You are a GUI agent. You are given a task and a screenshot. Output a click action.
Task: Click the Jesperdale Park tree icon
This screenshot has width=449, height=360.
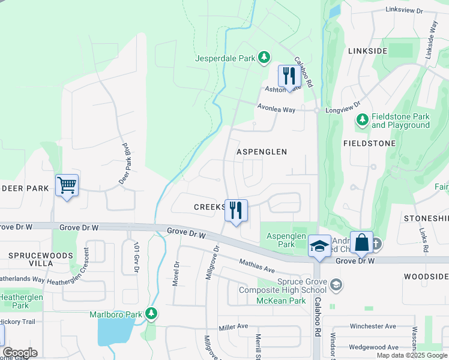(x=264, y=58)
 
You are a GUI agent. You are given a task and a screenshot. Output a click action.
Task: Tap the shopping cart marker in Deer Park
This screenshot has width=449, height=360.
(x=67, y=184)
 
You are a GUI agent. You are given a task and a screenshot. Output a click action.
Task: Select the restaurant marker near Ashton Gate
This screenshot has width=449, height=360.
(x=289, y=76)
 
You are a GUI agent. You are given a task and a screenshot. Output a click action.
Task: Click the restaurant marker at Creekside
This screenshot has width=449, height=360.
(x=236, y=210)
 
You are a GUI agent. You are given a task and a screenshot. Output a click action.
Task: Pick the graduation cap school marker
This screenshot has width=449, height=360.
(x=320, y=245)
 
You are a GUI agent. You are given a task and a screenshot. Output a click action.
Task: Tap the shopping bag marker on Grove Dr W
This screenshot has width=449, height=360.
(x=361, y=242)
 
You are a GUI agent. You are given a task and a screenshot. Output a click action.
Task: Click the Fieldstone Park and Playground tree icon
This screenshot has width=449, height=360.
(x=362, y=120)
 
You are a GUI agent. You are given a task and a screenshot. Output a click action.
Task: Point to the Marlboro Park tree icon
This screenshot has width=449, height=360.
(x=152, y=313)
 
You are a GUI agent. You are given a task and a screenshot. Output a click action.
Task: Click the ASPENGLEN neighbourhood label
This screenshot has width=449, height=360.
(x=261, y=152)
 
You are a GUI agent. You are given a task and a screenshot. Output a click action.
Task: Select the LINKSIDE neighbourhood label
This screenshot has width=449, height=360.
(x=367, y=51)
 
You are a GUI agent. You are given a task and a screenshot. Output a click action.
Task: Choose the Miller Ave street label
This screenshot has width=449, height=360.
(x=234, y=326)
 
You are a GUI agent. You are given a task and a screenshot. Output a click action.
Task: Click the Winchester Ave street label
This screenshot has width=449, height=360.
(x=373, y=326)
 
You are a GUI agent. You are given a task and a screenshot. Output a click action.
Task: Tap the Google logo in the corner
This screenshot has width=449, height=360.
(x=19, y=353)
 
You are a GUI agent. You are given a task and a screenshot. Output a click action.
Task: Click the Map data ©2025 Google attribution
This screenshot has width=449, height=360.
(x=412, y=355)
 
